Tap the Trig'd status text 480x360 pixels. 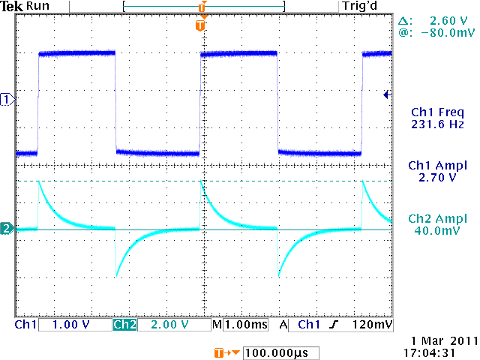pyautogui.click(x=358, y=6)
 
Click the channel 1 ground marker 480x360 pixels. pyautogui.click(x=7, y=99)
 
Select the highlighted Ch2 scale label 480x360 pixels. pyautogui.click(x=124, y=325)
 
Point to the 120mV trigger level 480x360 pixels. pyautogui.click(x=373, y=325)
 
